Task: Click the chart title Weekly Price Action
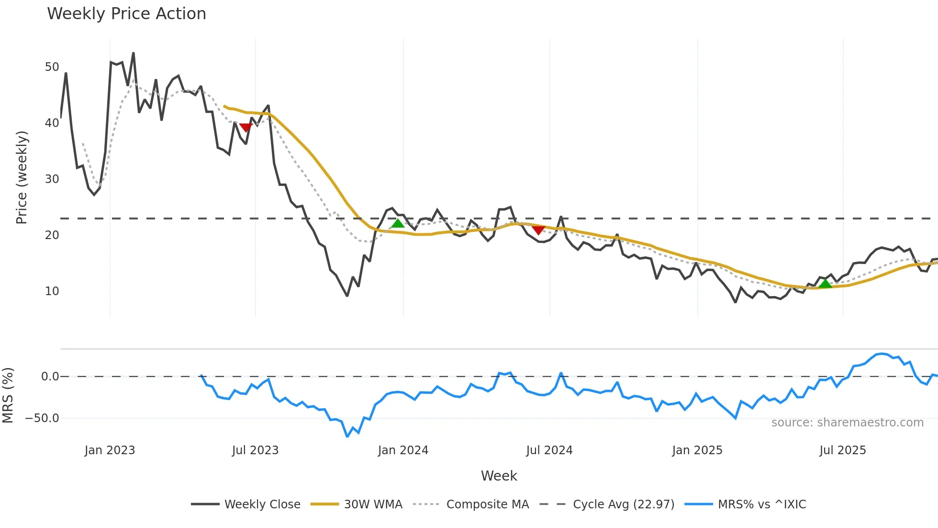click(126, 14)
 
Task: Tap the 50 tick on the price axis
click(52, 67)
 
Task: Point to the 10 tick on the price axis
click(52, 291)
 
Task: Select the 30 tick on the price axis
click(52, 179)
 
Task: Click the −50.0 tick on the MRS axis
click(42, 418)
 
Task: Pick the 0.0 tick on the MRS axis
click(50, 377)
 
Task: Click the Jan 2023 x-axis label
click(110, 450)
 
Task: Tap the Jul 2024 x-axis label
click(549, 450)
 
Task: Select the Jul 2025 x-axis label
click(842, 450)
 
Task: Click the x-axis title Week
click(499, 476)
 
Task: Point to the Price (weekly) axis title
click(22, 177)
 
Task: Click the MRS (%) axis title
click(8, 395)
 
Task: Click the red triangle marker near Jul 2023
click(246, 127)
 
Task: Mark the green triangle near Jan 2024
click(397, 224)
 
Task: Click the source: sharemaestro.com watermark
click(847, 423)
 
